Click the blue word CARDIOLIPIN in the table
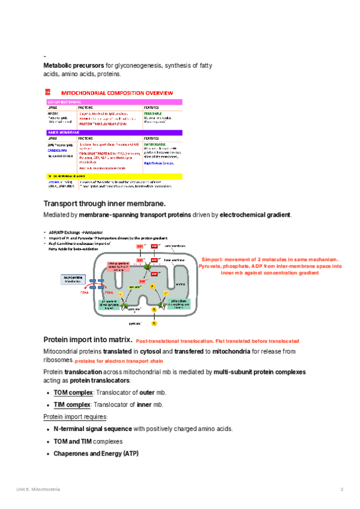click(56, 150)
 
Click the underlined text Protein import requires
click(76, 417)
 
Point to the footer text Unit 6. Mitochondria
click(38, 490)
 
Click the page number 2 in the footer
click(341, 490)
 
